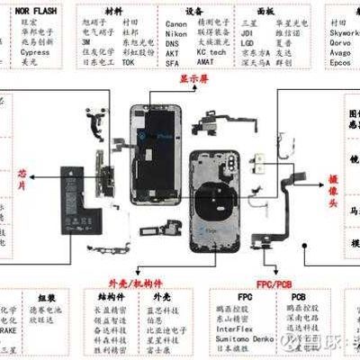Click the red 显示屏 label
[191, 77]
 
